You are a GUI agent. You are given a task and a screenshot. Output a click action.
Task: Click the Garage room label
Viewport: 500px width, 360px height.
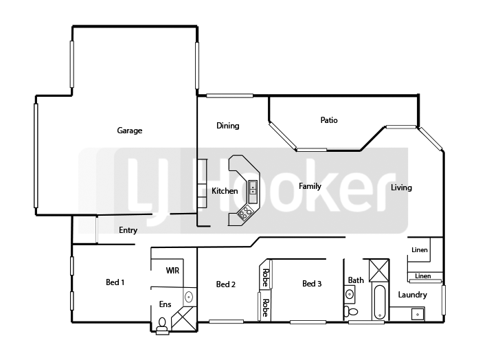pos(129,131)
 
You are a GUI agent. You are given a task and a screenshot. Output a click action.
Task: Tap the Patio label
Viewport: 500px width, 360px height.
pos(329,120)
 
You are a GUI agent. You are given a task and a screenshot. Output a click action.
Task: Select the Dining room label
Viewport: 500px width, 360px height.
pos(228,126)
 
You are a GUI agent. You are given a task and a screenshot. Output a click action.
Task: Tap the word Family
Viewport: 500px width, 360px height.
pos(310,186)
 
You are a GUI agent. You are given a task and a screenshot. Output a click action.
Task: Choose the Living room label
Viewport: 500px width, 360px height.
pos(401,188)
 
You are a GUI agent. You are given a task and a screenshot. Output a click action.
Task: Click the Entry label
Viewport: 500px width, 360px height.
pos(128,230)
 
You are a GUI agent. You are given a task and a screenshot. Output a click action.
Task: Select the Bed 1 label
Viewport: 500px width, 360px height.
pos(115,282)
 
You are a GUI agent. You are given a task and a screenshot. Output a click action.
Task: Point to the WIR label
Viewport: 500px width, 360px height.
pos(172,271)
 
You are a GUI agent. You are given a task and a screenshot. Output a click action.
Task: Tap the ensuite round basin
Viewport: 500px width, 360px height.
pos(189,297)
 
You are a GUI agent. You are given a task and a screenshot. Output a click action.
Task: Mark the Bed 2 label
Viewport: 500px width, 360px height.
pos(226,284)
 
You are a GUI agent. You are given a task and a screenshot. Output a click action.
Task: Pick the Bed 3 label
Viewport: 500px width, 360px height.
pos(312,284)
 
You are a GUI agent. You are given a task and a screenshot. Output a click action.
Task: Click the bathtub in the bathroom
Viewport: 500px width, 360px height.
pos(379,302)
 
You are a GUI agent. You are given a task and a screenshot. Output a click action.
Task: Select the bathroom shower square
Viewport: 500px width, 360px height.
pos(379,271)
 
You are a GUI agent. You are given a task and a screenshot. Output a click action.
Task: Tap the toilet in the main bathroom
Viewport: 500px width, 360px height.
pos(351,311)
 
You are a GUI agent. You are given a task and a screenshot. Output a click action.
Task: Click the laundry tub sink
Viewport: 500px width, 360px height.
pos(418,314)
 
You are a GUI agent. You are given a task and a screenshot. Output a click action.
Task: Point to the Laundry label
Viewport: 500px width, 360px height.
pos(412,295)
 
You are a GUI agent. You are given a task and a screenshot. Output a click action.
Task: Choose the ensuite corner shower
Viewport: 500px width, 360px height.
pos(184,319)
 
